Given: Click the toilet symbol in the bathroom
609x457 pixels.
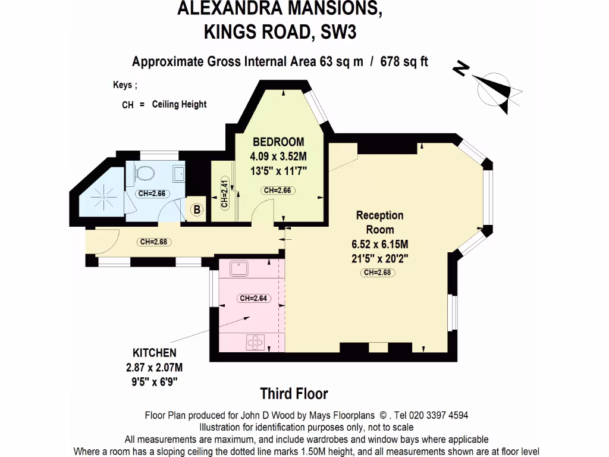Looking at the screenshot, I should [145, 173].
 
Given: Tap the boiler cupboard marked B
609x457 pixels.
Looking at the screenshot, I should [196, 209].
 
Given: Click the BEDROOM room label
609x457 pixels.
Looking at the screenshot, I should [278, 142].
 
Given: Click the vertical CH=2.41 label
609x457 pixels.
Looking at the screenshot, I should [224, 193].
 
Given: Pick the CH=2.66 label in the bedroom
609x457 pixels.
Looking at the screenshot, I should [278, 190].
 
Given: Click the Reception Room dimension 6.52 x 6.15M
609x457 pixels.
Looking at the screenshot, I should [379, 245].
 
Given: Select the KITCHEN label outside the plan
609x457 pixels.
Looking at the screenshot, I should [154, 353].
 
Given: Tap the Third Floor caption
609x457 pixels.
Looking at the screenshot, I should [294, 393].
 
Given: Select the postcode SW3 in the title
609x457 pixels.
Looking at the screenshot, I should [339, 32].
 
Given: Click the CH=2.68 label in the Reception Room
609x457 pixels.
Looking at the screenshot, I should [378, 273].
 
